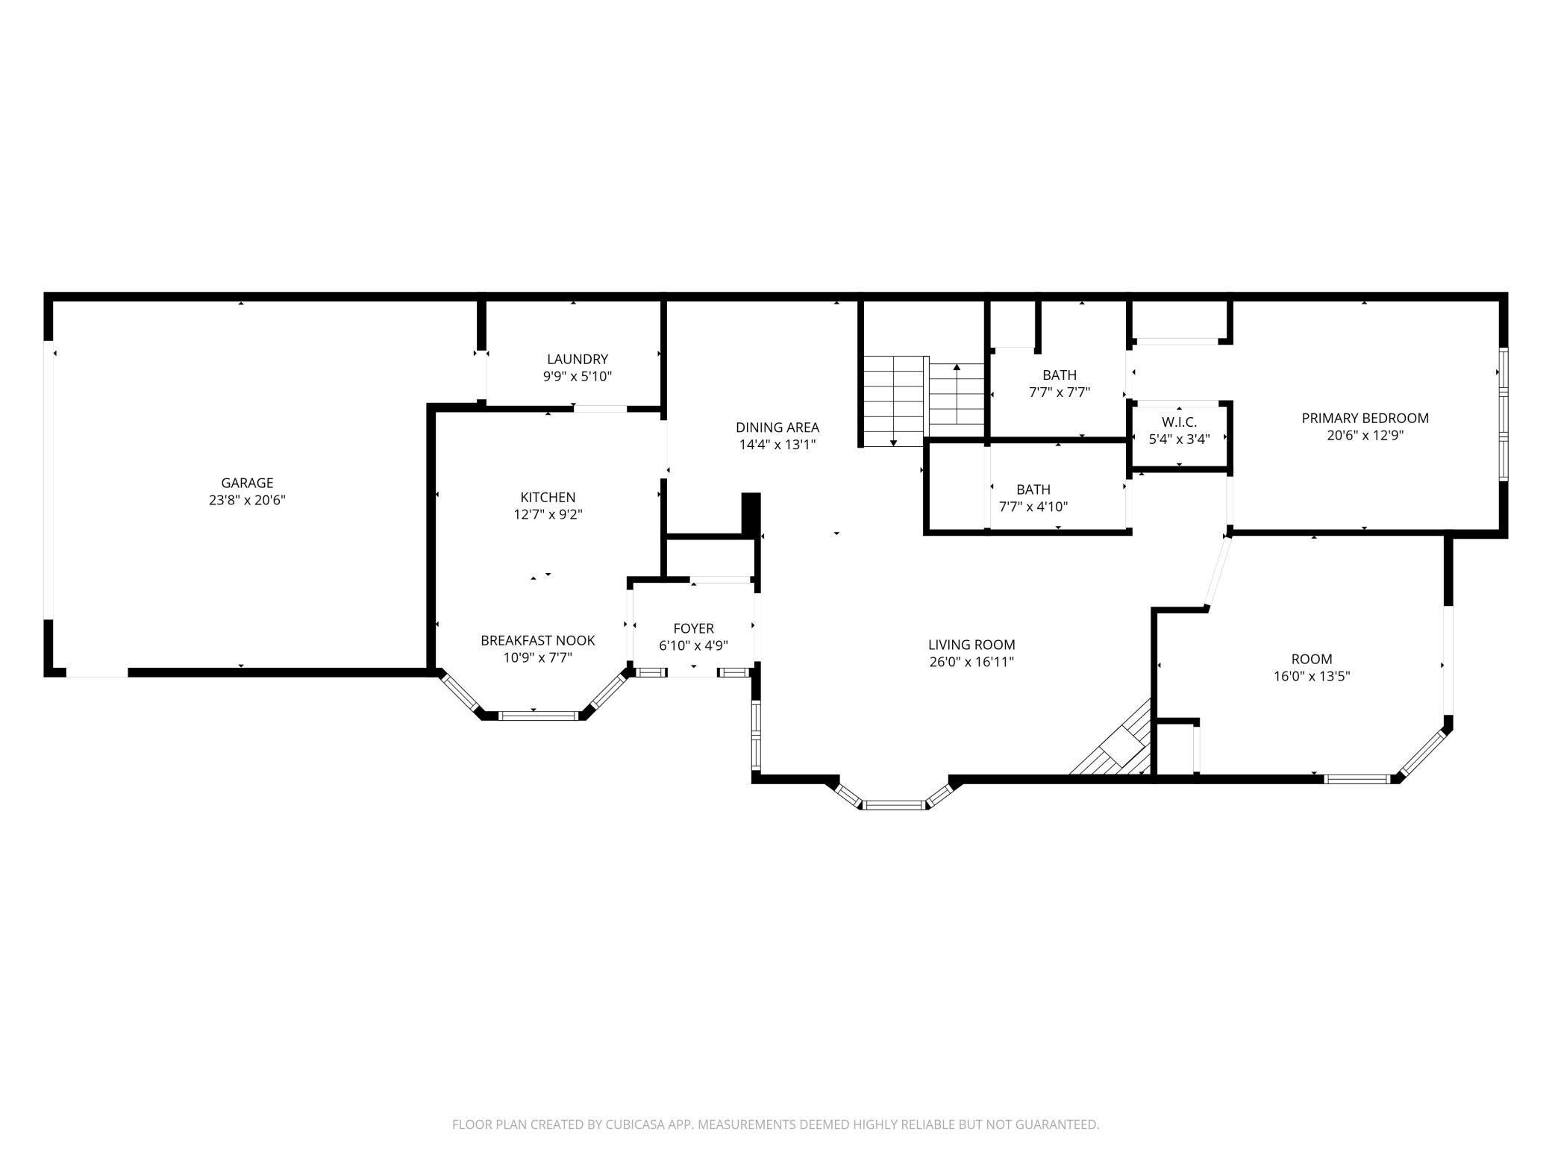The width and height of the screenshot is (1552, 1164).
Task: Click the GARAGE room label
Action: point(247,483)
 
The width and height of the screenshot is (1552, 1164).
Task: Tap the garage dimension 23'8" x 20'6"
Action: point(247,501)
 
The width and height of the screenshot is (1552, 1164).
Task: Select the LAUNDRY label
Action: point(577,359)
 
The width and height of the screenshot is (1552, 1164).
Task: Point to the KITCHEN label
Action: point(548,497)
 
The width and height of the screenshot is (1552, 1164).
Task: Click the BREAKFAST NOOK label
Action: point(537,640)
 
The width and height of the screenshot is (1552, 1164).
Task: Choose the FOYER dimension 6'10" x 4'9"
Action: point(693,646)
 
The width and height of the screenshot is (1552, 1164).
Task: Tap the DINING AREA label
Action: point(777,428)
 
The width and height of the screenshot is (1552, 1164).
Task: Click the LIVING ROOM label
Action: point(971,645)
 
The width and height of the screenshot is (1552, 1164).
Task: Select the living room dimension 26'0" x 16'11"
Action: point(971,662)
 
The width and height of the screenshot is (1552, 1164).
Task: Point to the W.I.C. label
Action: point(1179,422)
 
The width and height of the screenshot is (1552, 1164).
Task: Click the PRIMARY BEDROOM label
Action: point(1365,418)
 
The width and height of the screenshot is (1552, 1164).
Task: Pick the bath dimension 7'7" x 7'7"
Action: point(1060,392)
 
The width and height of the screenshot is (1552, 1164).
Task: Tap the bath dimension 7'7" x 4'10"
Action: point(1033,507)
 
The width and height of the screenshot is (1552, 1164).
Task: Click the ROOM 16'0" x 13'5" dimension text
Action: point(1311,677)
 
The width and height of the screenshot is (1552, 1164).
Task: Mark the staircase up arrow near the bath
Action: point(957,369)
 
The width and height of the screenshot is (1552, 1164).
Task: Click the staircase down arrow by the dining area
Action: point(893,442)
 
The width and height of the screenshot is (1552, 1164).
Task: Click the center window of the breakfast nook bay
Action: point(538,716)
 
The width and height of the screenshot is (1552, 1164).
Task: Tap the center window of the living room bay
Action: point(894,805)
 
